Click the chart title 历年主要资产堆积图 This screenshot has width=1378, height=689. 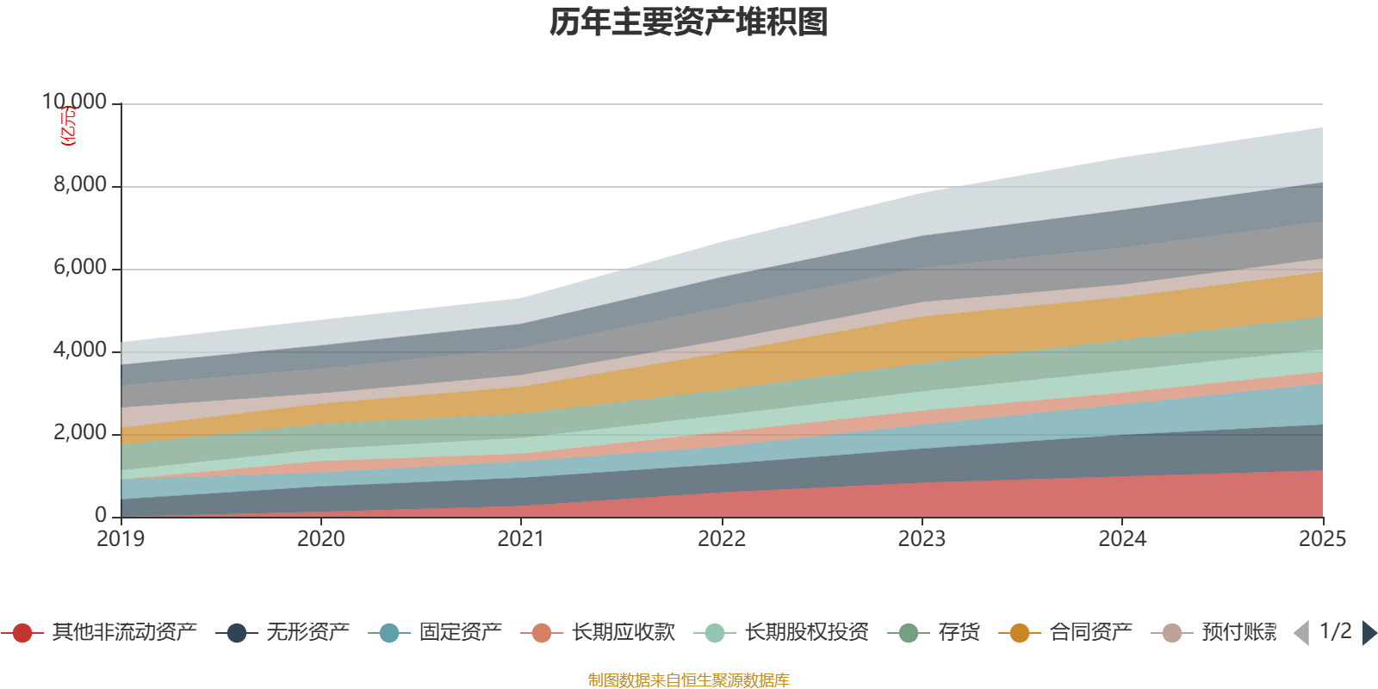[689, 22]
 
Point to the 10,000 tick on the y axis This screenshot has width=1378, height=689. [75, 102]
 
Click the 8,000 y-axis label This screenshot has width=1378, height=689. [80, 185]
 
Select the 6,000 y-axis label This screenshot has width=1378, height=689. [80, 268]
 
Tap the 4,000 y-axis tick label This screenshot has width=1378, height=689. [80, 351]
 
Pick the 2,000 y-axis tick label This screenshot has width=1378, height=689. [80, 433]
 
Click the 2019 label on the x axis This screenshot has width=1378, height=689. [121, 539]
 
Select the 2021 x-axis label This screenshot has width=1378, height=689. [521, 539]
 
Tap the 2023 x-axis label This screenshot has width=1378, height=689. [922, 539]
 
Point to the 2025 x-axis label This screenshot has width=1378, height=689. [1321, 539]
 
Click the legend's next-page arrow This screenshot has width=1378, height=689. [1369, 633]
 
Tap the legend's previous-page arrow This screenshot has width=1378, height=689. [1301, 633]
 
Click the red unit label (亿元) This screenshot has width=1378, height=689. [68, 126]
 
